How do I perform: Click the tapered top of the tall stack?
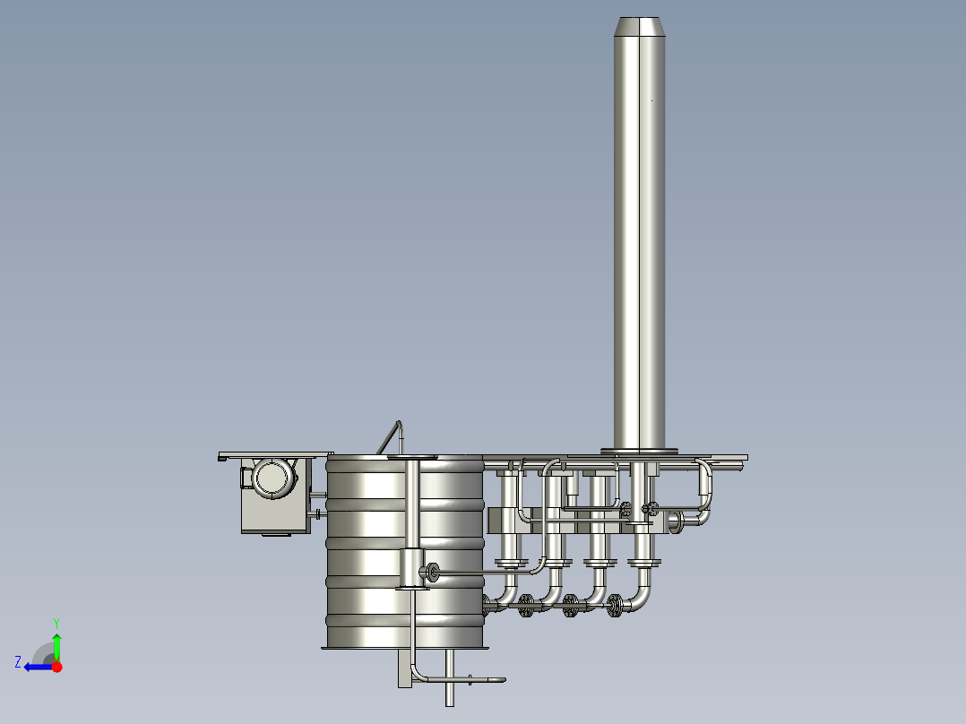pyautogui.click(x=639, y=27)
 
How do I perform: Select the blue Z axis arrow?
pyautogui.click(x=39, y=668)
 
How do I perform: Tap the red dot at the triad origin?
pyautogui.click(x=56, y=667)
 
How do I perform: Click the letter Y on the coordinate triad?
pyautogui.click(x=56, y=624)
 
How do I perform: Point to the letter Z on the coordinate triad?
pyautogui.click(x=18, y=662)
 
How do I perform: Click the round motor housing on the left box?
pyautogui.click(x=273, y=477)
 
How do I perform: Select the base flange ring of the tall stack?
pyautogui.click(x=639, y=452)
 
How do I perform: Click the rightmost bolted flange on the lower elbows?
pyautogui.click(x=614, y=606)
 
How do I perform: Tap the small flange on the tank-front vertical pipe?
pyautogui.click(x=433, y=573)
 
